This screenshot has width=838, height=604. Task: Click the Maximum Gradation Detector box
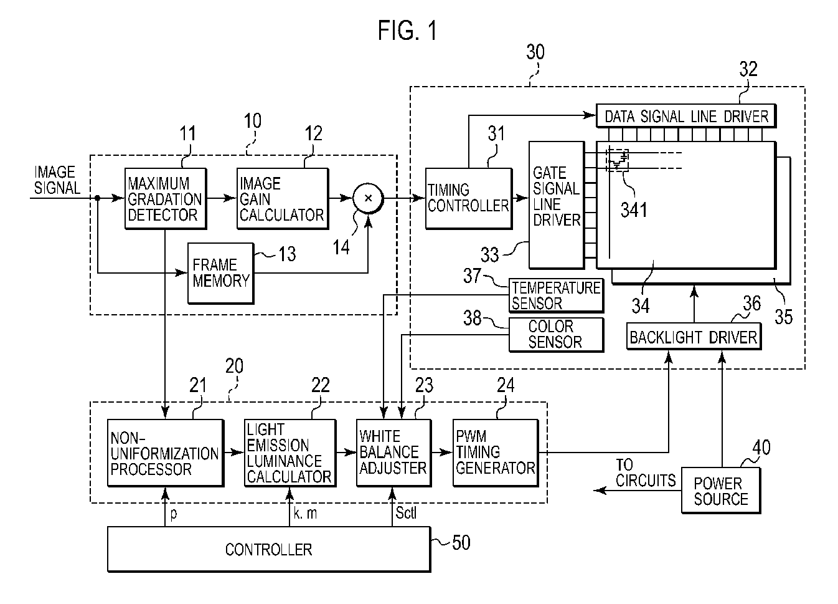166,198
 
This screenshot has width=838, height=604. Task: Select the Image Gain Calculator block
283,198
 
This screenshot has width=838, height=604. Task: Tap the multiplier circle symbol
368,198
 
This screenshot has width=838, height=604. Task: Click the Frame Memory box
221,274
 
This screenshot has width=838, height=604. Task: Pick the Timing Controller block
469,198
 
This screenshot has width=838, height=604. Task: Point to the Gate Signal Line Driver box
557,205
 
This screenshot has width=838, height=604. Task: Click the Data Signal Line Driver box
685,116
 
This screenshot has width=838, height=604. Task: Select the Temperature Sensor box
557,295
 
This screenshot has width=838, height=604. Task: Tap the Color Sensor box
557,335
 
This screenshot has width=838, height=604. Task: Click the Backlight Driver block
694,337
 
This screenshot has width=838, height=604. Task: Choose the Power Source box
721,490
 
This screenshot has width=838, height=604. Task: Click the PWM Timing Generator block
496,453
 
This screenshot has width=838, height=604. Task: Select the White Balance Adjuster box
394,453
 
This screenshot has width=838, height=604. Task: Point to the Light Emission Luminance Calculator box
290,453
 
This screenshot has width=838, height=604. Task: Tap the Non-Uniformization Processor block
166,453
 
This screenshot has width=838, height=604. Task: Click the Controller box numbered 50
269,549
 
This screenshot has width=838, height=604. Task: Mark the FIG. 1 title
407,31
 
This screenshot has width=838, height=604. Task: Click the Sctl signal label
406,512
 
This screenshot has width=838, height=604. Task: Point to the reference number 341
634,209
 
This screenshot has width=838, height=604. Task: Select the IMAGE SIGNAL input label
57,180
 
